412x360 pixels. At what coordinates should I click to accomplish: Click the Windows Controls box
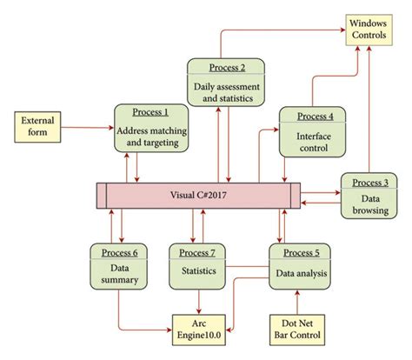[x=368, y=28]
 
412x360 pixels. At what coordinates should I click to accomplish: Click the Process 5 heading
[x=299, y=253]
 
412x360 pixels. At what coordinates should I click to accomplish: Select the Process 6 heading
[x=119, y=253]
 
